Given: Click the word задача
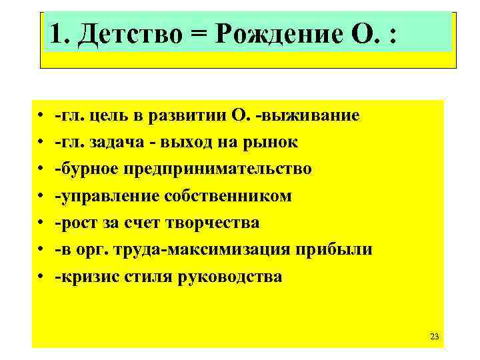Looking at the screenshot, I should pos(117,142).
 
